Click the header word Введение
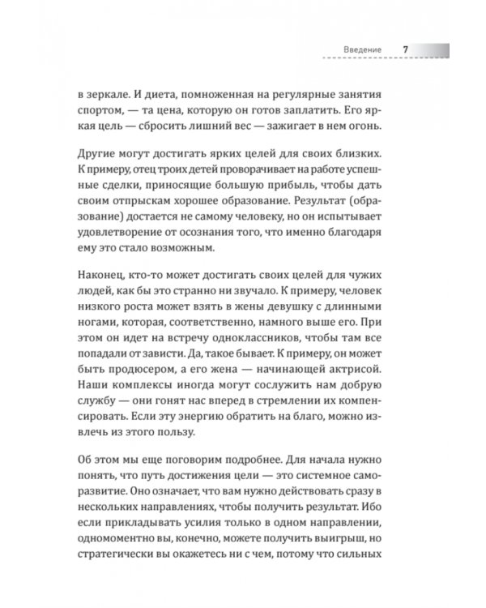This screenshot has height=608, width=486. (x=362, y=50)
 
